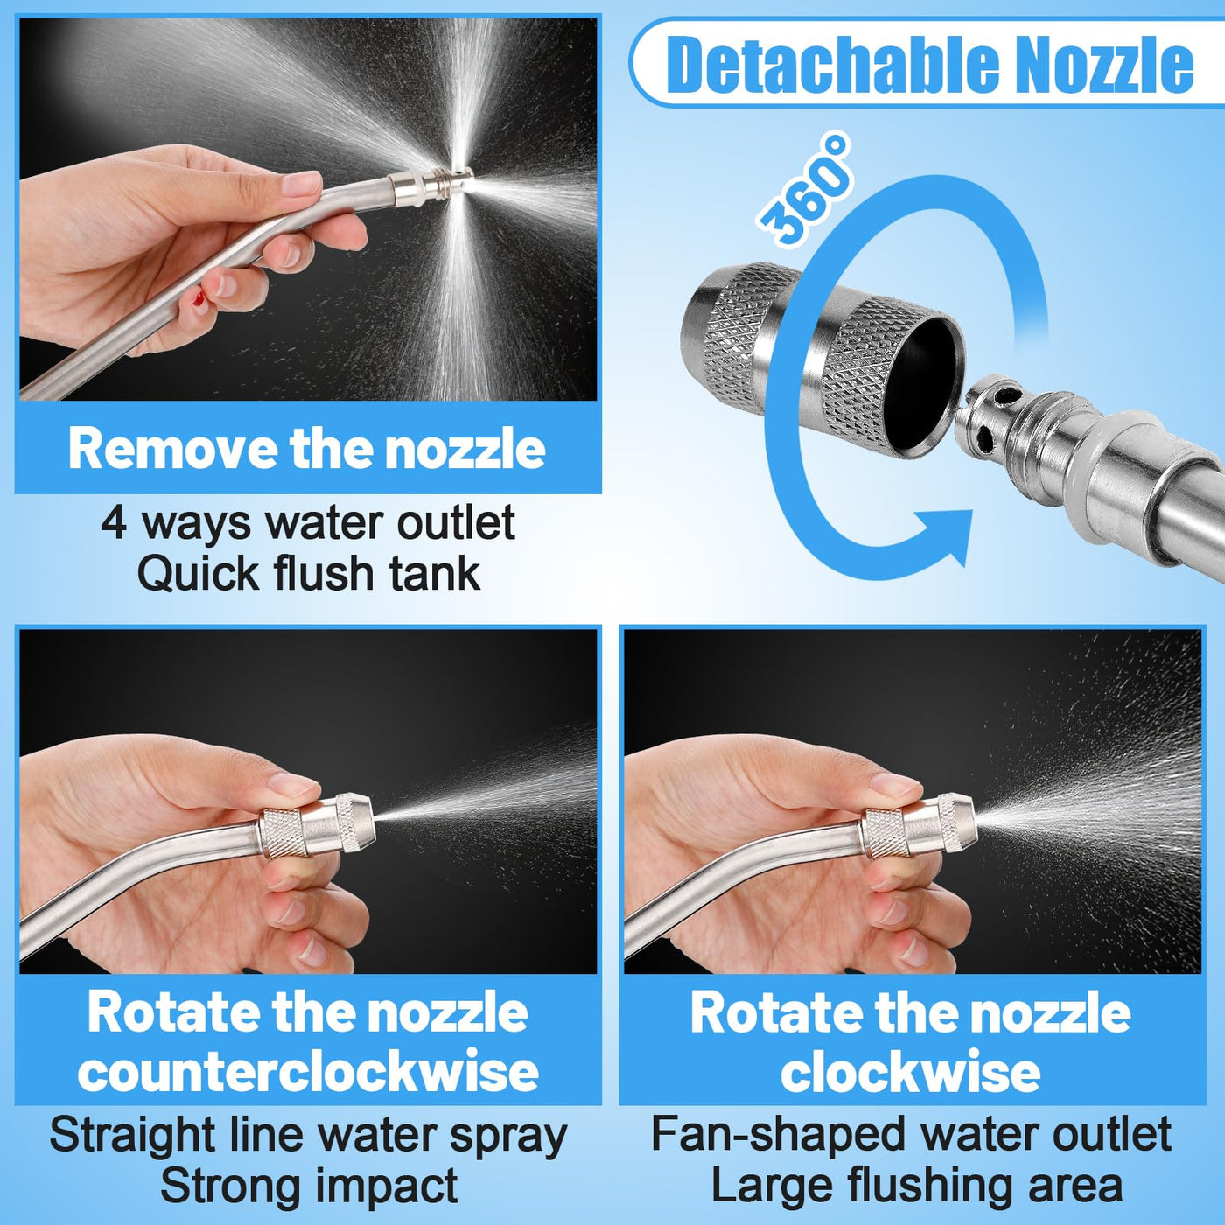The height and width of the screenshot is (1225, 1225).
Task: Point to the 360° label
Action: click(804, 188)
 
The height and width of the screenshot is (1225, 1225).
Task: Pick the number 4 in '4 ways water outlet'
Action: click(113, 525)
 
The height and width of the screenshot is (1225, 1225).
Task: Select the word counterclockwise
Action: click(308, 1072)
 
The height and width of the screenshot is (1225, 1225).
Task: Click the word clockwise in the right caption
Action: click(910, 1072)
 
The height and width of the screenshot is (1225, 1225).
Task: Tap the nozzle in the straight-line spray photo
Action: click(316, 824)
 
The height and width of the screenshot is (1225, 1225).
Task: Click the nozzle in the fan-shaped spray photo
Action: click(918, 824)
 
